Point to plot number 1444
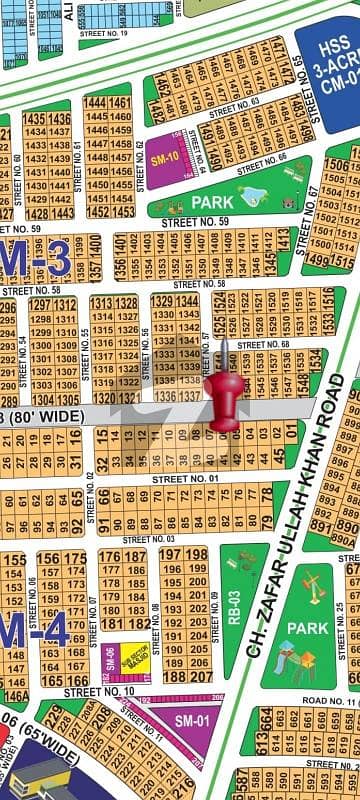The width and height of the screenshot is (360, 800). coord(96,102)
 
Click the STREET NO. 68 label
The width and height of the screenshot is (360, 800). coord(270,345)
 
